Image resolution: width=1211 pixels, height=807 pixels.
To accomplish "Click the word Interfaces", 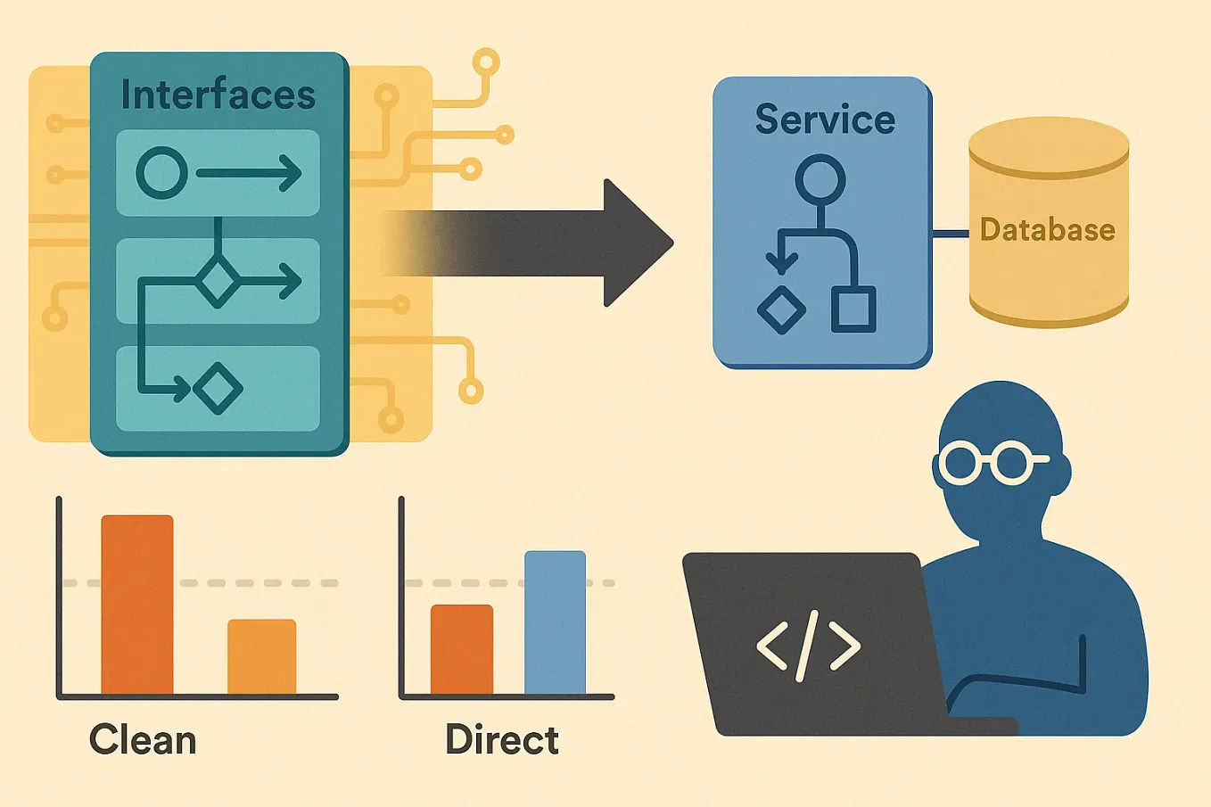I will point(218,95).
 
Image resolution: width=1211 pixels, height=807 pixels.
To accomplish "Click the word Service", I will point(824,119).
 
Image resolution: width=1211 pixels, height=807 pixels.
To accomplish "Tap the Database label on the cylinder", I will point(1047,230).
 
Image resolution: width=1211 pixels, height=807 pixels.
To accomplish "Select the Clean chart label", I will point(143,740).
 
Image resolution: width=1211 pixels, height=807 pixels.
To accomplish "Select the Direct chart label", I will point(502,740).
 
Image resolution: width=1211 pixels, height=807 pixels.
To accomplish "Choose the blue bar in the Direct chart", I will point(555,622).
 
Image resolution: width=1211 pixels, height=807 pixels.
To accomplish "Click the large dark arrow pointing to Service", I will point(553,243).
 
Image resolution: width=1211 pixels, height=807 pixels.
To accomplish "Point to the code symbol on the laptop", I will point(808,645).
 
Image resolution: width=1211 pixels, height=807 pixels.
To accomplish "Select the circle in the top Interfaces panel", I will point(161,173).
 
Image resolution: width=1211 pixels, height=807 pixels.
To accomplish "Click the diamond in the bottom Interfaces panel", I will point(218,389).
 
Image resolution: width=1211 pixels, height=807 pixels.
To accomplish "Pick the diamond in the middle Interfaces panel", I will point(218,282).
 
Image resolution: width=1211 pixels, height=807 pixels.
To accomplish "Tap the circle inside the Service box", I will point(820,179).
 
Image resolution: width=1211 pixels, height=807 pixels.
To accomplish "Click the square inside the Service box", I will point(853,309).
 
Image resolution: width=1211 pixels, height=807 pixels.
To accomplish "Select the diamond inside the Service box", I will point(781,309).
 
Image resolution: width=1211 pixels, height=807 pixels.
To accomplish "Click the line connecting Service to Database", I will point(951,235).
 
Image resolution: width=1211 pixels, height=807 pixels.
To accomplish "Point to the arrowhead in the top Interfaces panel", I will point(290,173).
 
